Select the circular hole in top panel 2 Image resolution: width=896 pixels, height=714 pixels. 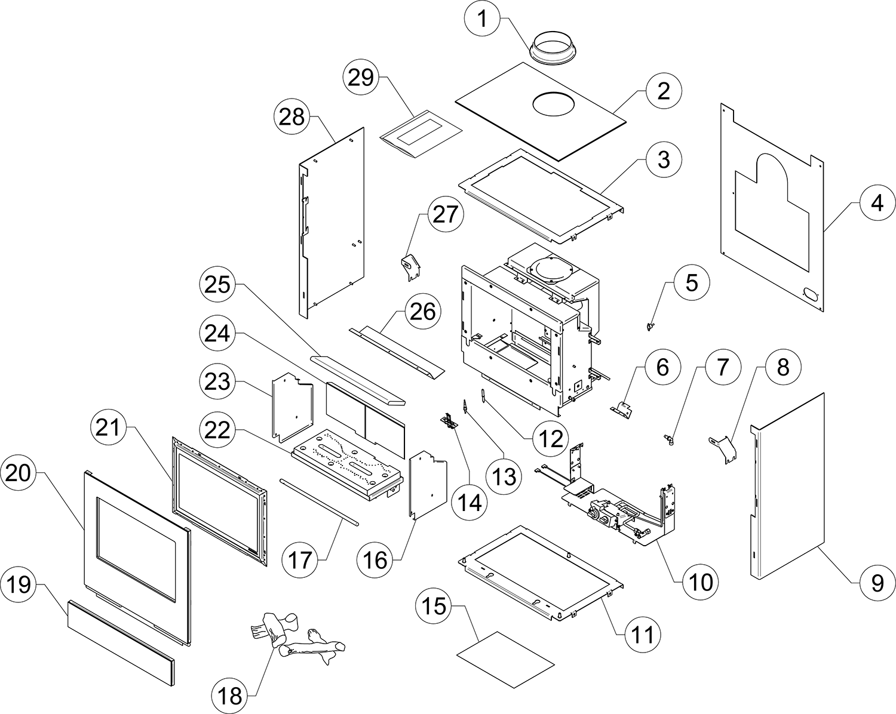click(x=554, y=103)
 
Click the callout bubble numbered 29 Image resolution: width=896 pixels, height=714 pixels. click(x=361, y=78)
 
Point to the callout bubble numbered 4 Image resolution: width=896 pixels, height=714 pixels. click(x=876, y=204)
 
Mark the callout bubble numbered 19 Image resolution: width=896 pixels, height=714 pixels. click(x=20, y=584)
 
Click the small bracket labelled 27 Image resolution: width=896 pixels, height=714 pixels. click(x=410, y=266)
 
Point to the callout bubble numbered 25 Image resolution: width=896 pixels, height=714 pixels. click(x=218, y=284)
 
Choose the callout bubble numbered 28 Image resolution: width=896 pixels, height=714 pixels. click(x=292, y=117)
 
